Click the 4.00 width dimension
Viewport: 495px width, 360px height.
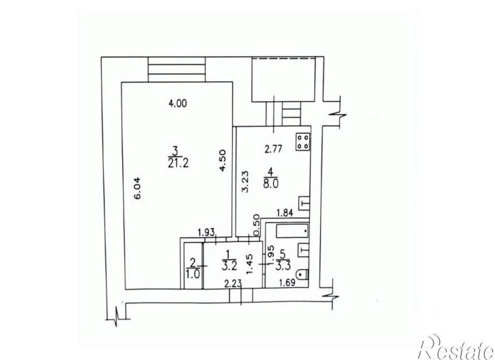click(x=178, y=104)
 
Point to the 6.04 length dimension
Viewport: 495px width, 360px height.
click(x=136, y=189)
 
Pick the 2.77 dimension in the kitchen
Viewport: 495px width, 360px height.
click(x=273, y=146)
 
